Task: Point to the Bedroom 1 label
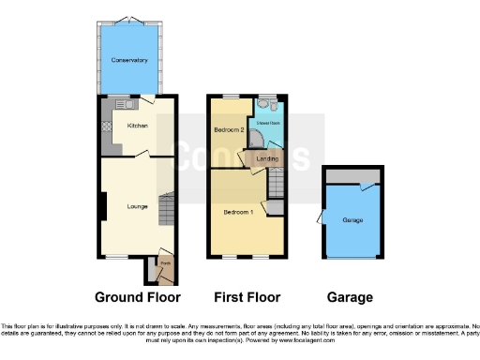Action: coord(237,212)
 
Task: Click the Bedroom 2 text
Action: coord(229,129)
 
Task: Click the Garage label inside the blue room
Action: coord(352,220)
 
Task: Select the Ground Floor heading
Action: coord(137,297)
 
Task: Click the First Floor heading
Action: coord(247,297)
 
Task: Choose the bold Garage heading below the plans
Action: coord(350,297)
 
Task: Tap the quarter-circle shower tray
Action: coord(254,141)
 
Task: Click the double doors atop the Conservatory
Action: coord(129,21)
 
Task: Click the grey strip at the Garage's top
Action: coord(352,175)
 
